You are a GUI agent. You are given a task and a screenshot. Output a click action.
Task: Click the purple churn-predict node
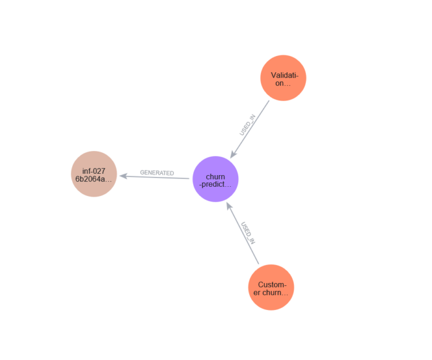pyautogui.click(x=215, y=179)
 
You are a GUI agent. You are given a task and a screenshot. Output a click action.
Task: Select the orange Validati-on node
pyautogui.click(x=283, y=78)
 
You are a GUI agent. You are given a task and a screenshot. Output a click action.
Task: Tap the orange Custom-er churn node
pyautogui.click(x=271, y=287)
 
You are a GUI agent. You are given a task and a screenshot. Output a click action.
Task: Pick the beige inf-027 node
pyautogui.click(x=94, y=174)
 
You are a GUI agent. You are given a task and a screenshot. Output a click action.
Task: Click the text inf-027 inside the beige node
pyautogui.click(x=94, y=170)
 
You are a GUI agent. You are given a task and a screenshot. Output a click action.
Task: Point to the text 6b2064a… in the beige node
pyautogui.click(x=94, y=179)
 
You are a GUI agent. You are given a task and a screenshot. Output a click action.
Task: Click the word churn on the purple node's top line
pyautogui.click(x=215, y=176)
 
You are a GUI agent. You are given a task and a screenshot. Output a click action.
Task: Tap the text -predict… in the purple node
pyautogui.click(x=215, y=184)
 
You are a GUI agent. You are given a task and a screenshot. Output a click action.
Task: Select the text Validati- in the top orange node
pyautogui.click(x=283, y=75)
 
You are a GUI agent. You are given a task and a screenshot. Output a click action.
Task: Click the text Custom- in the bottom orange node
pyautogui.click(x=272, y=284)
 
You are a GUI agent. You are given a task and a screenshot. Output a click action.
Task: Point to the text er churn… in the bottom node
pyautogui.click(x=271, y=292)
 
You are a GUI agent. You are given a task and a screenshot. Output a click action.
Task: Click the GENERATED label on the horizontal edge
pyautogui.click(x=157, y=173)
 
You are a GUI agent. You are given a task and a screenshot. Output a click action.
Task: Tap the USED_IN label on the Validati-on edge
pyautogui.click(x=247, y=125)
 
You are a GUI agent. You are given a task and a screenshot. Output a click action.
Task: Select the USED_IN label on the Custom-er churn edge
pyautogui.click(x=247, y=233)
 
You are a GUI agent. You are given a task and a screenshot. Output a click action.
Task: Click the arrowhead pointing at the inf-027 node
pyautogui.click(x=123, y=176)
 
